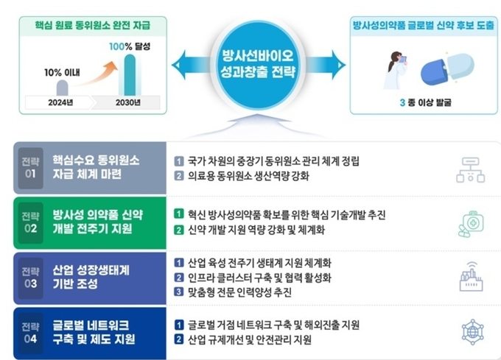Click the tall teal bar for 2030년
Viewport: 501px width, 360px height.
130,75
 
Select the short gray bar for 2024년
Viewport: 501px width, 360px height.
63,88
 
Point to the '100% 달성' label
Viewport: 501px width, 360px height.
130,46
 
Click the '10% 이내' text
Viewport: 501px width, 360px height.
62,72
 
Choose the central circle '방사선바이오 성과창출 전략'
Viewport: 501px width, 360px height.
258,65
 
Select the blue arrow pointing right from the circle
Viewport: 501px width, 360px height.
324,65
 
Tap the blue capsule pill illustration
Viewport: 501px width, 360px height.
447,69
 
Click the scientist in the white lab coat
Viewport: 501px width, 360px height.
396,71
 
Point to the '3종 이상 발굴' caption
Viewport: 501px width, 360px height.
425,102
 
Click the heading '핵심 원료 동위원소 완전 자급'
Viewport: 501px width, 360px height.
93,25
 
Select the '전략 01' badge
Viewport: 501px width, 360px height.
31,168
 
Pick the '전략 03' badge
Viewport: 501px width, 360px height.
31,278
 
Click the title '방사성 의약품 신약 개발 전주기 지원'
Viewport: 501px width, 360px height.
98,222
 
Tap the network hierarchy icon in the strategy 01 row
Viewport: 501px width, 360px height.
470,170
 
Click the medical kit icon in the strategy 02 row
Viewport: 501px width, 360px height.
471,224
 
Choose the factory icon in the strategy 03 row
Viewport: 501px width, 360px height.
471,277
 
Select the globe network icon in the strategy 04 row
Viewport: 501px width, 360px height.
472,332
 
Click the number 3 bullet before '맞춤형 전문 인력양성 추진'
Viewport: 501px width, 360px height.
178,292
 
